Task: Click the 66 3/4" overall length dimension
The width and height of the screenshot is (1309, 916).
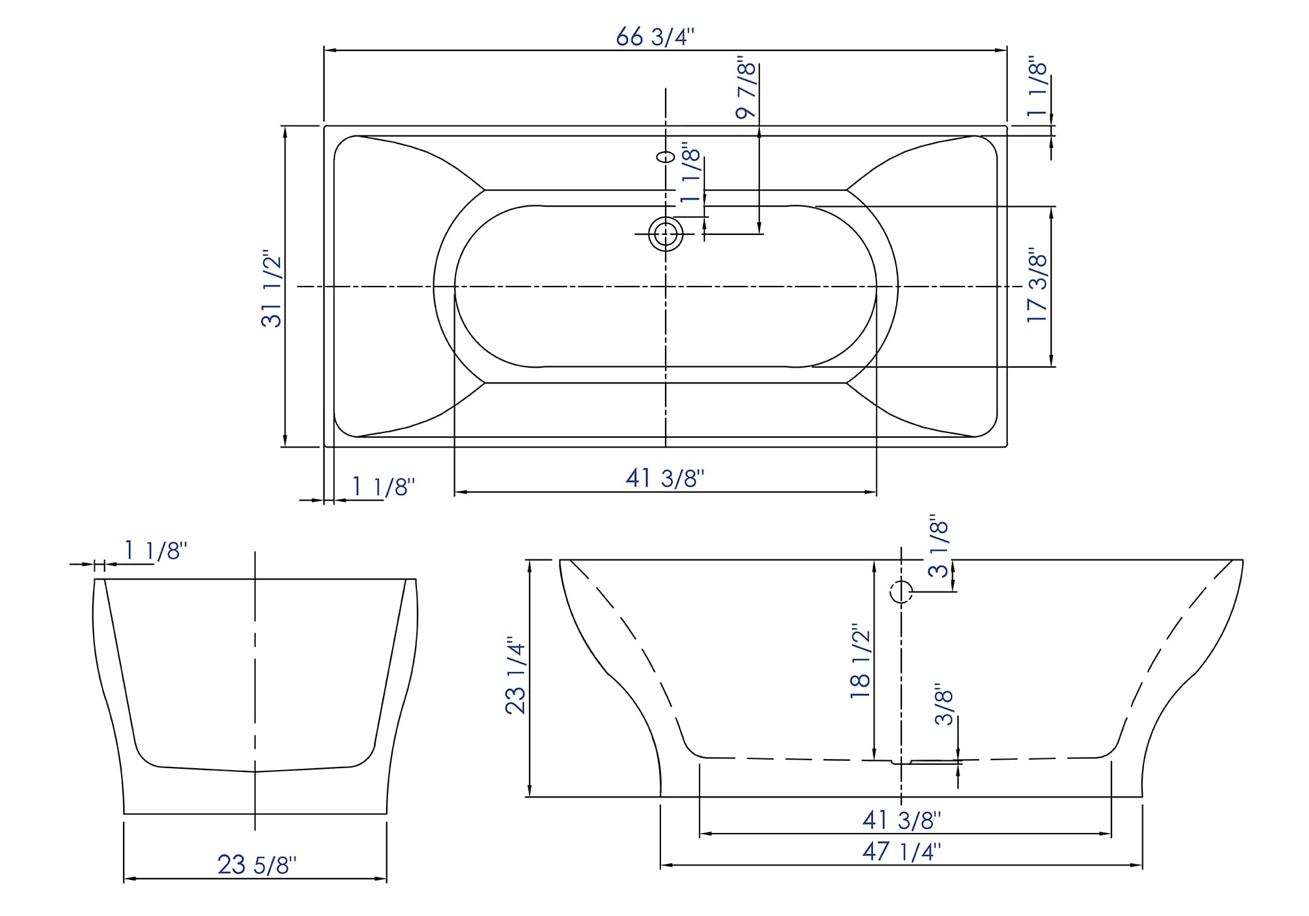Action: [x=654, y=37]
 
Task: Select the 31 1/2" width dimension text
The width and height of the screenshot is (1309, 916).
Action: [x=271, y=288]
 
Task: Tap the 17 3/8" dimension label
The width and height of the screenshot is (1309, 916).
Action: [x=1037, y=285]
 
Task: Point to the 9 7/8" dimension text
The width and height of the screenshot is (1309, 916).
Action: [x=746, y=90]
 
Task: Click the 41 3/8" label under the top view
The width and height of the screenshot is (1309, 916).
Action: [x=664, y=478]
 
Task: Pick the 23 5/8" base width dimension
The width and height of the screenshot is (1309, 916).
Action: [x=257, y=865]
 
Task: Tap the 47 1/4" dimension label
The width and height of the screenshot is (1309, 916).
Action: [x=901, y=851]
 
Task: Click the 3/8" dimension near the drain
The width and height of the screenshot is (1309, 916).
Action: [x=944, y=705]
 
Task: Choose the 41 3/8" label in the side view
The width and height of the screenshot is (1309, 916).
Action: [x=901, y=819]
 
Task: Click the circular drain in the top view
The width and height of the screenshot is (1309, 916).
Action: [x=666, y=234]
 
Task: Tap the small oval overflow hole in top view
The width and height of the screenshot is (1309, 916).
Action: [x=666, y=157]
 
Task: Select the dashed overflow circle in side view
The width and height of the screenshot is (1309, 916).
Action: [x=901, y=592]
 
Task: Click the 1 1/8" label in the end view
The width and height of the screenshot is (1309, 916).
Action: [x=156, y=551]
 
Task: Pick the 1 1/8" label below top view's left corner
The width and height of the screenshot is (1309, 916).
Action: [x=384, y=487]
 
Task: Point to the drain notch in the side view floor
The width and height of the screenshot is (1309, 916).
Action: [x=902, y=762]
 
